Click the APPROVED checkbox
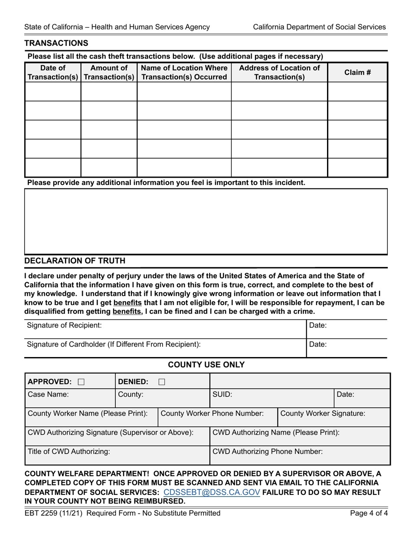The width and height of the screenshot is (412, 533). tap(81, 382)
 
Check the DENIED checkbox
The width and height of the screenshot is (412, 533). tap(161, 382)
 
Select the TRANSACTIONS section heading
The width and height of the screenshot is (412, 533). tap(56, 43)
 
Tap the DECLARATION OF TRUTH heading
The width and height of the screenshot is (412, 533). tap(75, 260)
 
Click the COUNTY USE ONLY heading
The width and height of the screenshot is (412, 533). tap(206, 365)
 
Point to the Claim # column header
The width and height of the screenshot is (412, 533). tap(357, 72)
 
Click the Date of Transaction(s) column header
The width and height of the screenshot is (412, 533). tap(52, 72)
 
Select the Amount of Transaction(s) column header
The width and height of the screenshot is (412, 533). tap(109, 72)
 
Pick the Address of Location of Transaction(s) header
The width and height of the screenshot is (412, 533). tap(279, 72)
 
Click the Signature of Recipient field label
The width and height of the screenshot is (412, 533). tap(64, 325)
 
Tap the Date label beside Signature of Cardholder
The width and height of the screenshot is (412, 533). tap(318, 344)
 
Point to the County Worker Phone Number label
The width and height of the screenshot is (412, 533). tap(212, 413)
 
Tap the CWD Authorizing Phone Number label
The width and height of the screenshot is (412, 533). tap(267, 451)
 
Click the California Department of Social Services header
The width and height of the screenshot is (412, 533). tap(319, 27)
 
